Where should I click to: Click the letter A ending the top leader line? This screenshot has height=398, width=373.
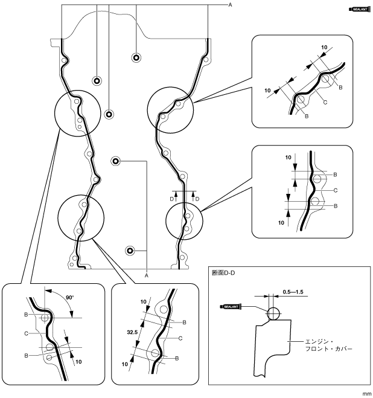(229, 4)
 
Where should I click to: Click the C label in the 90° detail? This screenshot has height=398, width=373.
(27, 333)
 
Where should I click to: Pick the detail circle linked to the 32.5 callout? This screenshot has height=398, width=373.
(81, 217)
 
